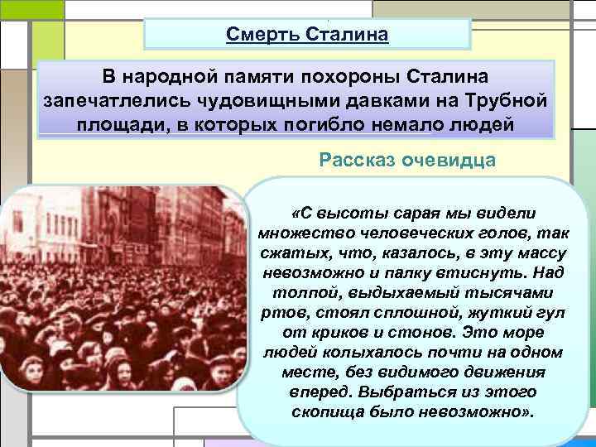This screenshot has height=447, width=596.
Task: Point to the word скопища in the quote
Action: [x=325, y=411]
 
